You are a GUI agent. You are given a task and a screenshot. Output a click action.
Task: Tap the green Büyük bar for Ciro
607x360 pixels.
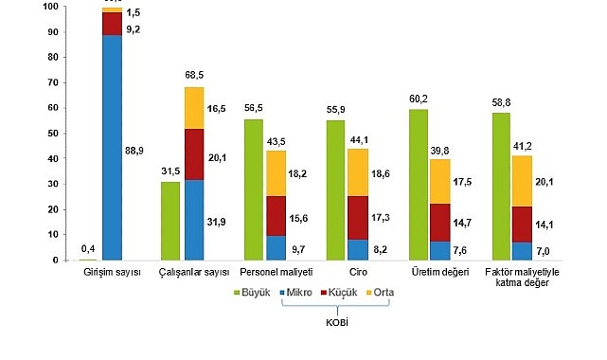click(336, 189)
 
